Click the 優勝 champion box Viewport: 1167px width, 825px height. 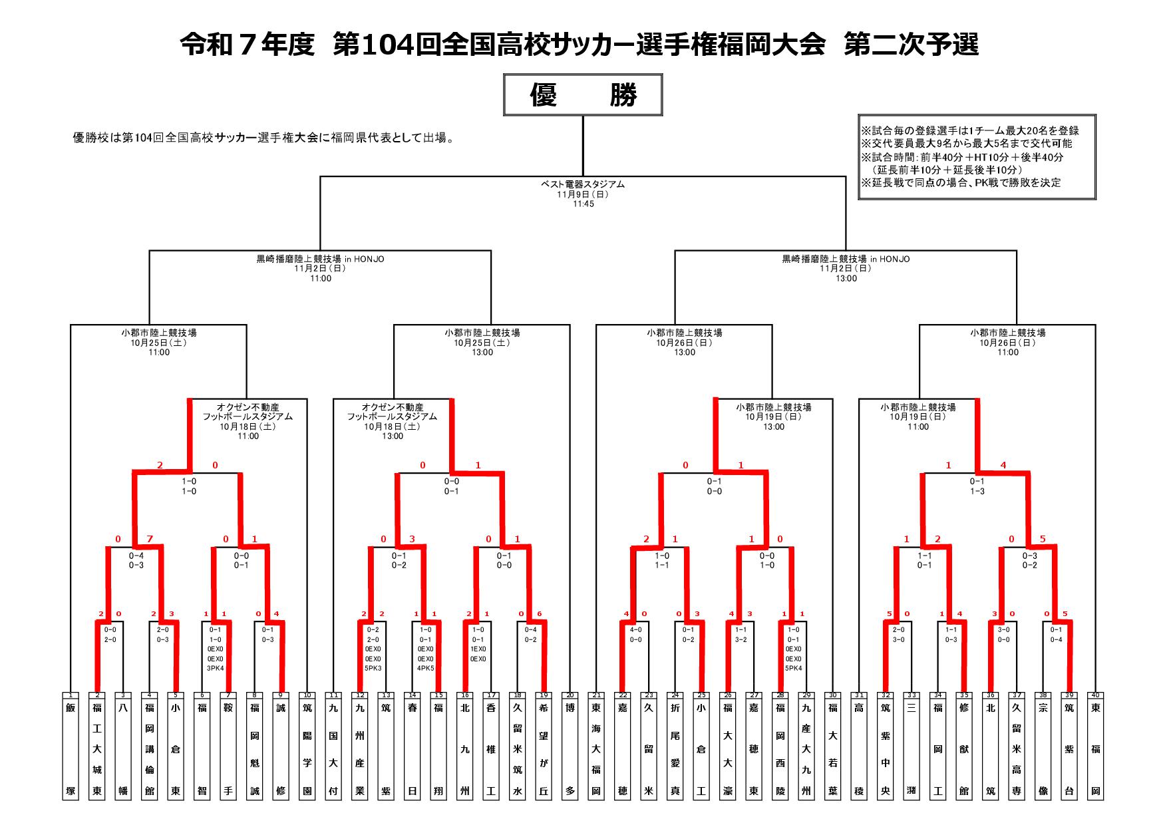[583, 95]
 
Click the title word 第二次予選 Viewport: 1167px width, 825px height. [911, 45]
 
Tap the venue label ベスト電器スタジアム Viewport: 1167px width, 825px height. [583, 184]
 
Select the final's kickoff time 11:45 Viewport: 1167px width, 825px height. [583, 204]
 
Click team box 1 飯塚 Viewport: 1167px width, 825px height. [71, 748]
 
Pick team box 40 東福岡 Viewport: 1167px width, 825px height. [1095, 748]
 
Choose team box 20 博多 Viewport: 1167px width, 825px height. [570, 748]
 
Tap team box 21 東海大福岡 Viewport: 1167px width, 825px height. [596, 748]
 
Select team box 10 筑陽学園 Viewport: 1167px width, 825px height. [307, 748]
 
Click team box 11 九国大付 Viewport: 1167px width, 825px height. [333, 748]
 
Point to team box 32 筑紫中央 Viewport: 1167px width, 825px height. [886, 748]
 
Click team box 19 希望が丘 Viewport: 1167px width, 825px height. [544, 748]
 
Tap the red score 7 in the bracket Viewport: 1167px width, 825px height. [150, 539]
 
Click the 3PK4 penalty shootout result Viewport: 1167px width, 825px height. [215, 668]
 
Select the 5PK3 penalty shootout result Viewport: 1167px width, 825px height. [373, 668]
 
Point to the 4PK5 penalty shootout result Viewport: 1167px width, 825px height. [425, 668]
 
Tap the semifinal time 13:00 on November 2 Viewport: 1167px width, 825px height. [846, 278]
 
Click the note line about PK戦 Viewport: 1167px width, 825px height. [961, 182]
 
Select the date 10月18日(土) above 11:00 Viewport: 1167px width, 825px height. [248, 426]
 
